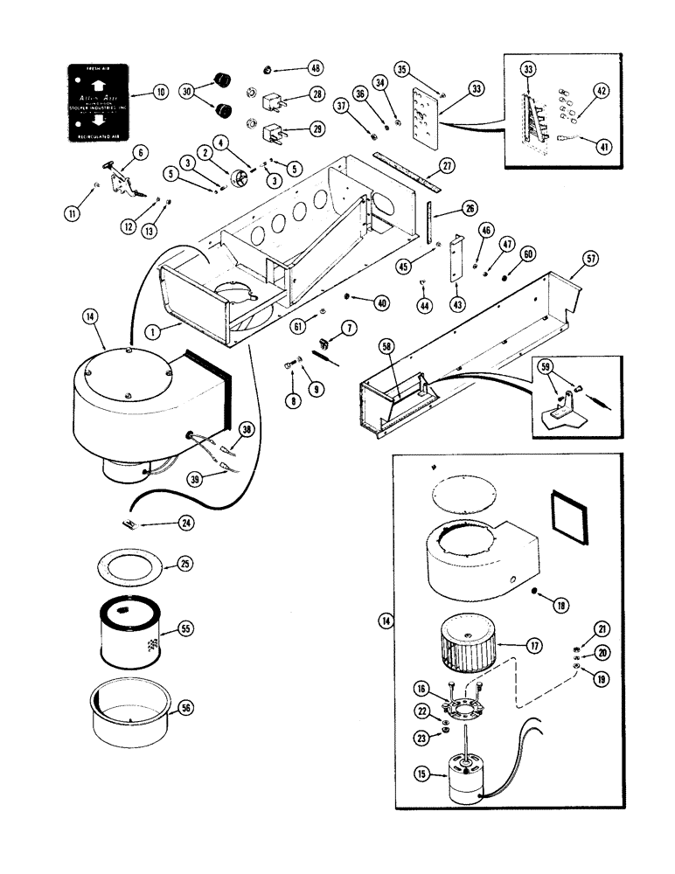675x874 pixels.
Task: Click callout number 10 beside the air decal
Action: (159, 92)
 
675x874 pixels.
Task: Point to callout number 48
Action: (314, 67)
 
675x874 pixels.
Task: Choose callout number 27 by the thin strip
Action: (448, 165)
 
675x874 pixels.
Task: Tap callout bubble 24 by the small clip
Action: (184, 523)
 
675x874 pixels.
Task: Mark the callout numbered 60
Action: (527, 253)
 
